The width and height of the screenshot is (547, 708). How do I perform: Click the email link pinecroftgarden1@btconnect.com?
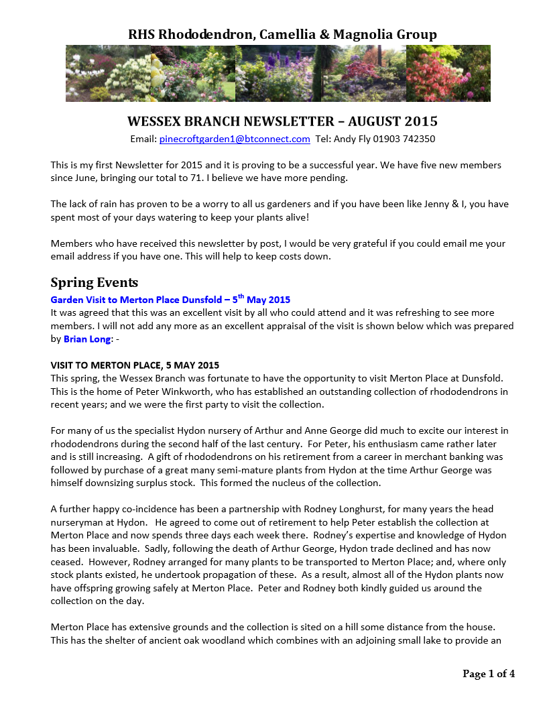pyautogui.click(x=235, y=139)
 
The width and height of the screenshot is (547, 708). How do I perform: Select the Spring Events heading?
pyautogui.click(x=95, y=282)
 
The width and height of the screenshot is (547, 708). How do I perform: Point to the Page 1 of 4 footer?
pyautogui.click(x=489, y=674)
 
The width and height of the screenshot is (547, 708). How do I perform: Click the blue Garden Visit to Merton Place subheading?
pyautogui.click(x=170, y=300)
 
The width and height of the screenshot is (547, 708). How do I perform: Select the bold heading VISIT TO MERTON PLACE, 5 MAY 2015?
pyautogui.click(x=135, y=365)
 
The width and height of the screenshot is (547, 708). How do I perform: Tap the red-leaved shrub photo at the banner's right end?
pyautogui.click(x=448, y=74)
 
